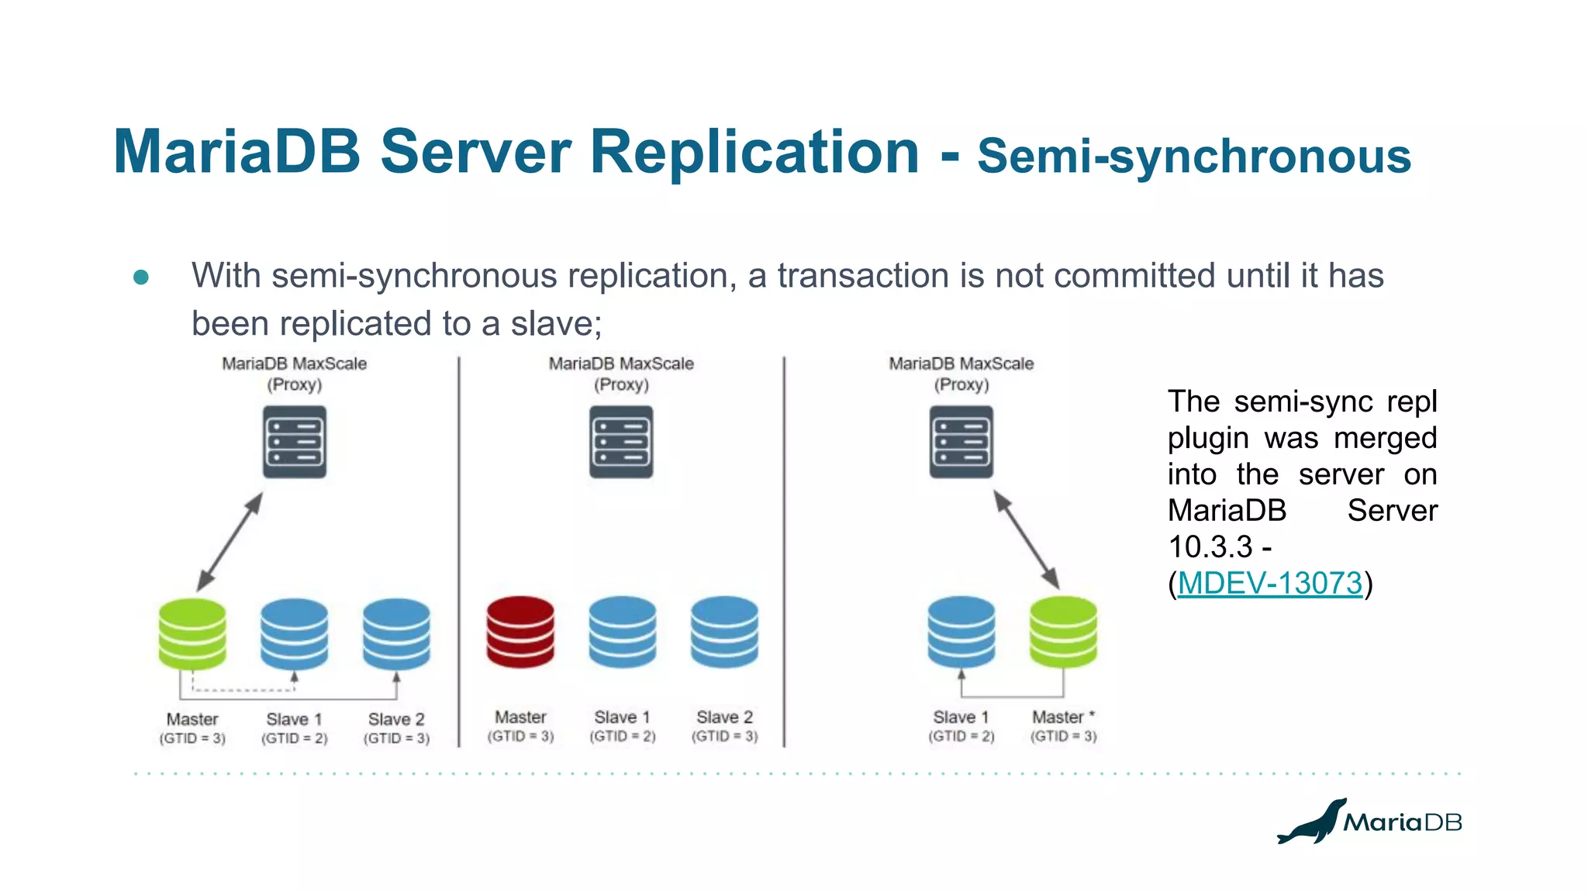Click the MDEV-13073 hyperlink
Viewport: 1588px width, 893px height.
click(x=1269, y=583)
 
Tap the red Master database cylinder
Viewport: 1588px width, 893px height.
click(x=520, y=631)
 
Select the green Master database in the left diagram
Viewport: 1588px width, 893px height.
click(x=192, y=633)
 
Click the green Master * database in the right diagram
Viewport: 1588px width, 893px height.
click(x=1063, y=631)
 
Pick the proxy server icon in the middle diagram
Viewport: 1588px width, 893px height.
click(x=621, y=442)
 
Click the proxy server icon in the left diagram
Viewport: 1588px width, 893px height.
click(x=295, y=442)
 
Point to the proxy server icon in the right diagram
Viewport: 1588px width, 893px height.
click(x=961, y=442)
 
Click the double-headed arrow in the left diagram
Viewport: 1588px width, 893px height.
click(x=230, y=542)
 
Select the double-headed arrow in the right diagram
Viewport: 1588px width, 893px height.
click(x=1027, y=540)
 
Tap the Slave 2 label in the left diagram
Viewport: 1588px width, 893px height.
click(x=396, y=719)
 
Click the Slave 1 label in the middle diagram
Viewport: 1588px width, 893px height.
click(x=622, y=717)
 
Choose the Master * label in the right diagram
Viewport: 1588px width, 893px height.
click(x=1062, y=717)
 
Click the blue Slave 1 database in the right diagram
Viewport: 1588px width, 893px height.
click(x=961, y=631)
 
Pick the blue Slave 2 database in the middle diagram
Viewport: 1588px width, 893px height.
click(x=724, y=631)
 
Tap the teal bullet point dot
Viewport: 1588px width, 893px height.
click(x=141, y=277)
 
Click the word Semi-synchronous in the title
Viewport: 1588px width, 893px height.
click(x=1193, y=157)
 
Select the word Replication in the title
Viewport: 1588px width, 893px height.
click(x=754, y=152)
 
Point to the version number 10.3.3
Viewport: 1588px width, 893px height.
click(x=1210, y=547)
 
